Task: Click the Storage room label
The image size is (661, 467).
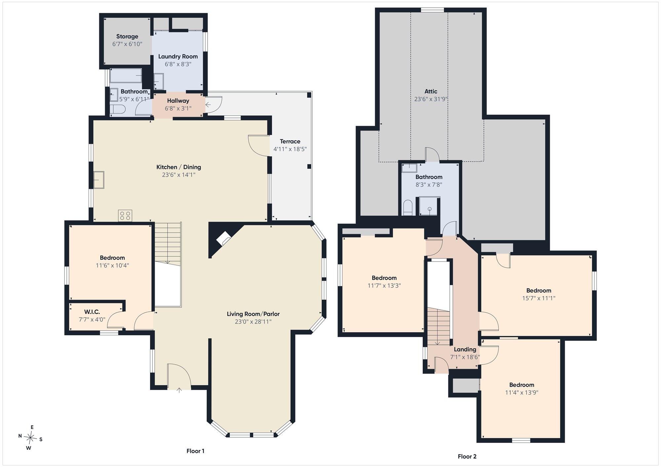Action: (127, 36)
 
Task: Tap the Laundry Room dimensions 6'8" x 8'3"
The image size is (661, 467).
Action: (178, 64)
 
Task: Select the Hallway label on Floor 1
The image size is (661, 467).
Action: (178, 101)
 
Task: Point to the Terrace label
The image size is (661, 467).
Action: (290, 141)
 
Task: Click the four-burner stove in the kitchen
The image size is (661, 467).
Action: (125, 216)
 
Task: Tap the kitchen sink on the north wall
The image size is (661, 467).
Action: (98, 180)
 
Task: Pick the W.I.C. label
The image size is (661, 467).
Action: (92, 312)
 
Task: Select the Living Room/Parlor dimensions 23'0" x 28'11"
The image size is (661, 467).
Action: (253, 321)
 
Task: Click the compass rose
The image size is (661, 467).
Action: (30, 438)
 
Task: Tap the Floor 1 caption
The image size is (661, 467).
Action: (195, 451)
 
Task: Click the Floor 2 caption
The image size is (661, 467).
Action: (467, 456)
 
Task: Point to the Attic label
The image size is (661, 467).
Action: (431, 91)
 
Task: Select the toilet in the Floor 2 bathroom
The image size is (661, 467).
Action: (408, 208)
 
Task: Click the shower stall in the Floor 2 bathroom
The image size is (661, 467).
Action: (430, 206)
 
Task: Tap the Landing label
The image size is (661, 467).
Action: (465, 349)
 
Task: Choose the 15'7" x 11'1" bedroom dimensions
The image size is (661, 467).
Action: (539, 298)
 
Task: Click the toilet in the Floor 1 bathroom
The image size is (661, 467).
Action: (118, 109)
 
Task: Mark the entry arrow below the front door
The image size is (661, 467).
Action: (179, 390)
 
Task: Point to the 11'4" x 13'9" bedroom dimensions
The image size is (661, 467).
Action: (522, 392)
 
